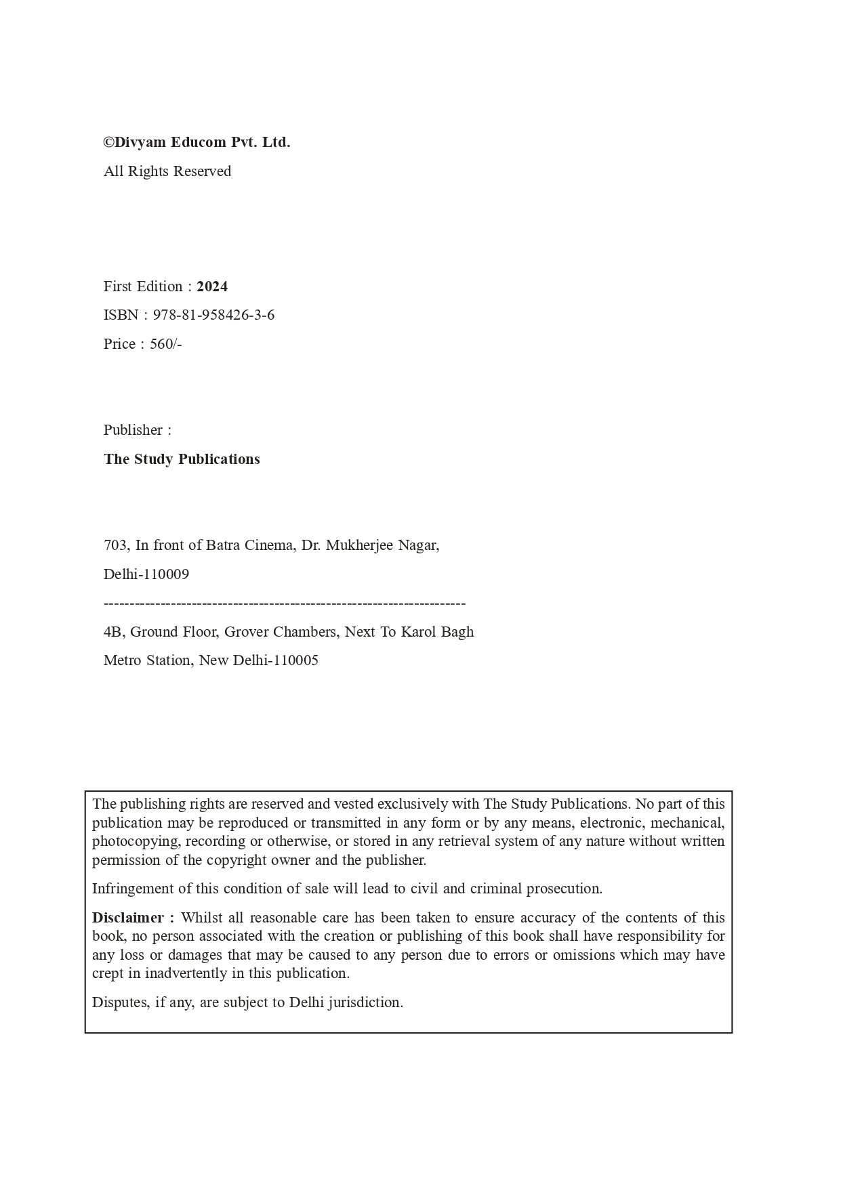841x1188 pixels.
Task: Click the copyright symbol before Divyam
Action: (x=108, y=143)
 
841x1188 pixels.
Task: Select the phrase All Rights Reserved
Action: (x=167, y=171)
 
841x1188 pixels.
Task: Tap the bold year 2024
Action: (x=212, y=287)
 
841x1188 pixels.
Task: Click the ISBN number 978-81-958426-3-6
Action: (x=213, y=315)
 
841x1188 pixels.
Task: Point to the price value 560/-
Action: (x=166, y=344)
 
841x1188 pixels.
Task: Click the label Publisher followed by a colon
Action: (x=137, y=430)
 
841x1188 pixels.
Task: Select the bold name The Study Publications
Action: (x=182, y=459)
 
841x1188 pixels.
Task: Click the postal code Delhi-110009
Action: (x=146, y=574)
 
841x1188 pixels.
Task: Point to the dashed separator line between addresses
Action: (x=285, y=603)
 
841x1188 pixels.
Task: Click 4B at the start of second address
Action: (x=112, y=632)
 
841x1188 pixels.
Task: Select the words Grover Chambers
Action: (x=281, y=632)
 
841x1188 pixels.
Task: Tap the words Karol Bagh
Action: (x=438, y=632)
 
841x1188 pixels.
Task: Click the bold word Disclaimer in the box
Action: (x=128, y=918)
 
